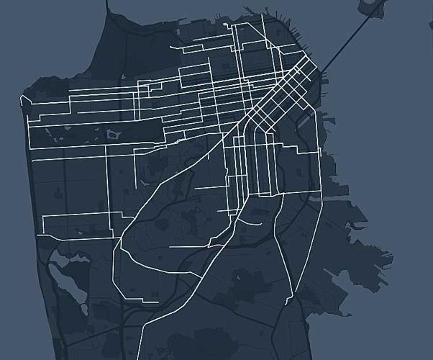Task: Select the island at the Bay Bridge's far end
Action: [x=374, y=7]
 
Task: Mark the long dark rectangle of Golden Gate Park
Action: [x=94, y=132]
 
